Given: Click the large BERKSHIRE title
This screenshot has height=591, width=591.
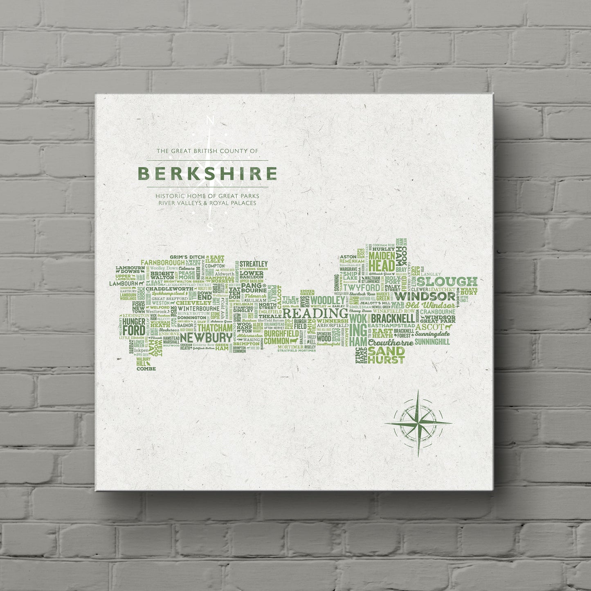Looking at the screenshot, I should pos(207,173).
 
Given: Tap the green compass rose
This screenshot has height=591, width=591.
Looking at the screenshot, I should pos(418,423).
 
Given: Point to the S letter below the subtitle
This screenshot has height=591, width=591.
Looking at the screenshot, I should pos(210,228).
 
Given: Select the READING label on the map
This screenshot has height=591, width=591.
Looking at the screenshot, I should pos(312,314).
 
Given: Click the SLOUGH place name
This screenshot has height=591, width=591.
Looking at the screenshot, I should pos(447,282).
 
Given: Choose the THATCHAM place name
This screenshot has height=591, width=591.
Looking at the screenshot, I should pos(215,328).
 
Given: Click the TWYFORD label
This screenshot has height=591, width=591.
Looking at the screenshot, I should pos(361,288).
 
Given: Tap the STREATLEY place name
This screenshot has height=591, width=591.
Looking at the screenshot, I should pos(254,264).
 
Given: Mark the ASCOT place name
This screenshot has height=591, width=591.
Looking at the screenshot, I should pos(429,327).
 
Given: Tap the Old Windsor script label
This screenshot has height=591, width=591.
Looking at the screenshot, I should pos(430,306).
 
